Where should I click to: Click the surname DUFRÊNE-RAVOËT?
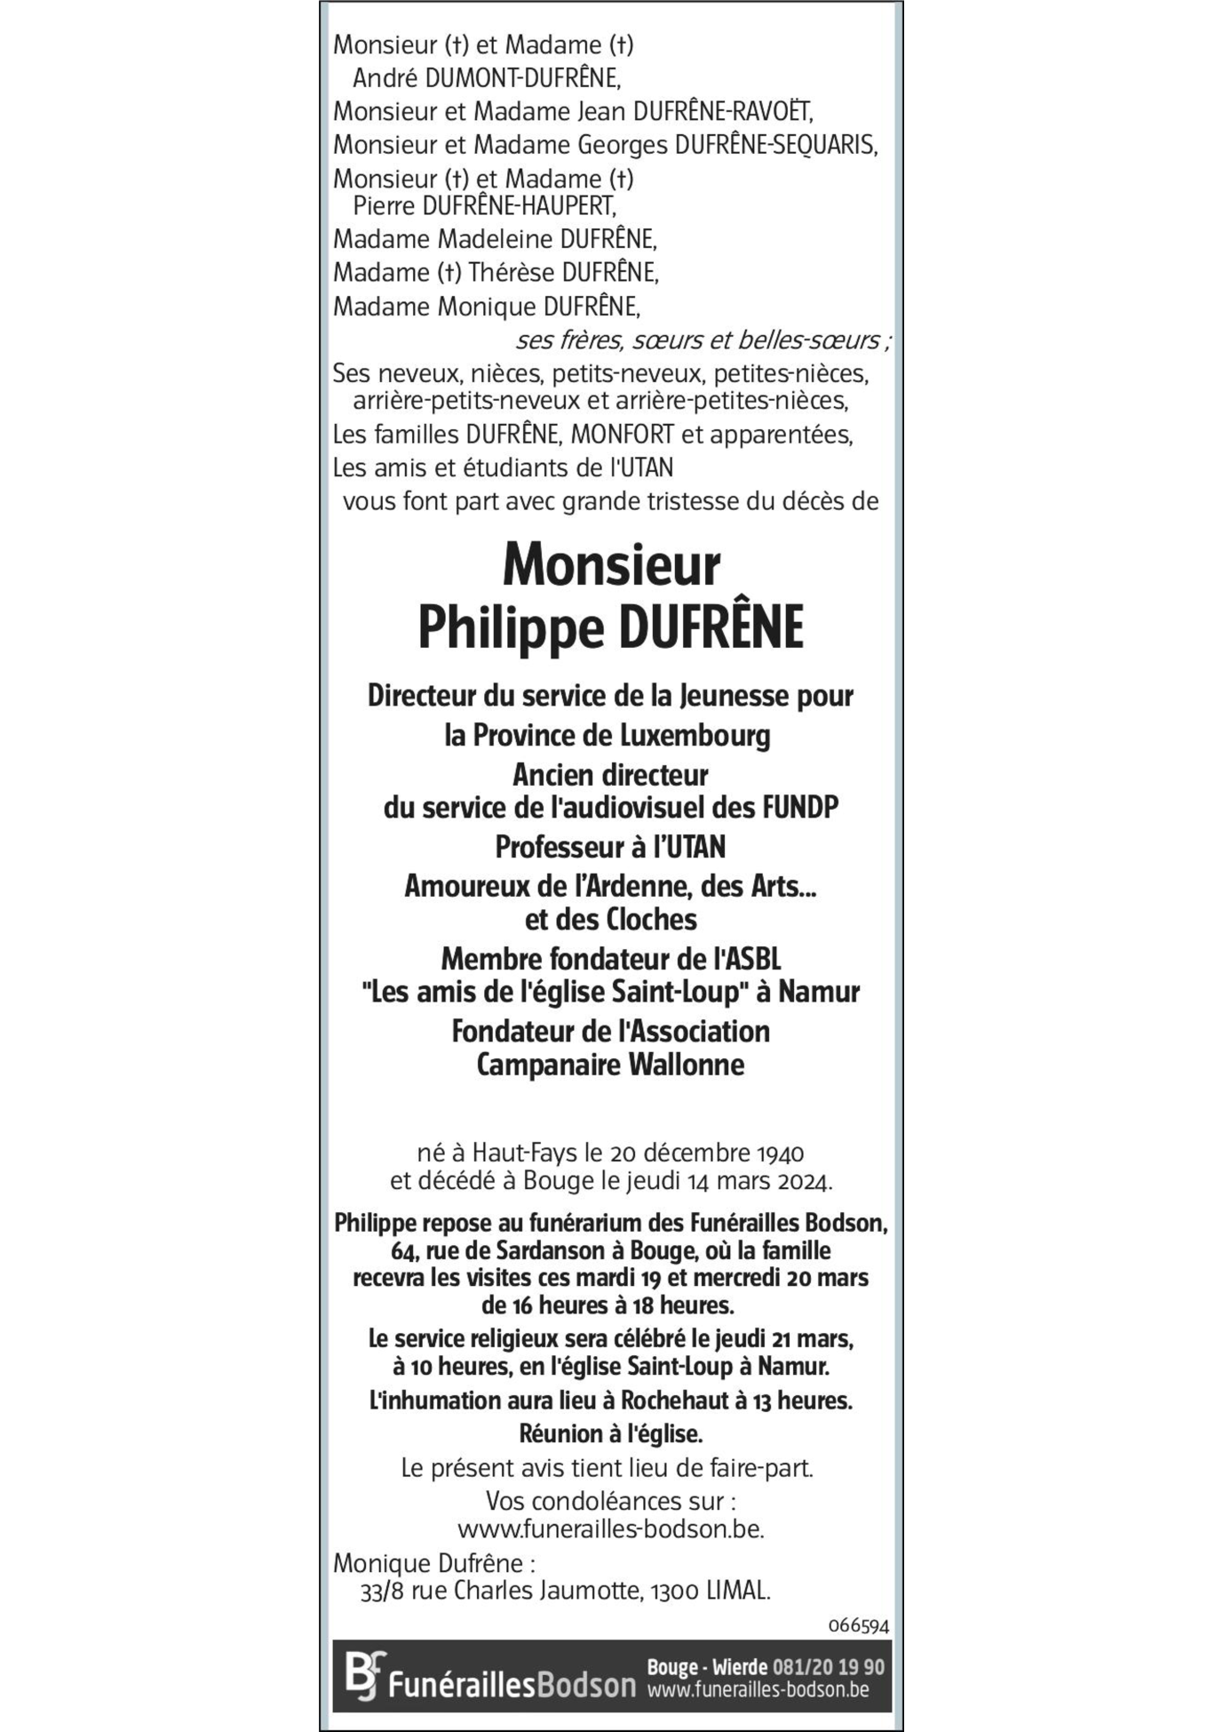[722, 112]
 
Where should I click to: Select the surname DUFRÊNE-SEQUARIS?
[775, 145]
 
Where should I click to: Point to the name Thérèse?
[512, 272]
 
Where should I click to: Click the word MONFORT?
[622, 435]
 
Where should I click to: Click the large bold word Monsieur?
[611, 565]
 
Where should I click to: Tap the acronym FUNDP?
[799, 808]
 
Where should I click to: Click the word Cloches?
[652, 920]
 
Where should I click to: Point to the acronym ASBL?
[752, 960]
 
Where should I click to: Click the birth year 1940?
[780, 1153]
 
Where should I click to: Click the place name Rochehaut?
[675, 1401]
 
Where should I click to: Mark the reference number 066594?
[858, 1625]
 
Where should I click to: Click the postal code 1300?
[675, 1591]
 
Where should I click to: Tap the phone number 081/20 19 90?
[829, 1667]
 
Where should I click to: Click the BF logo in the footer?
[365, 1675]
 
